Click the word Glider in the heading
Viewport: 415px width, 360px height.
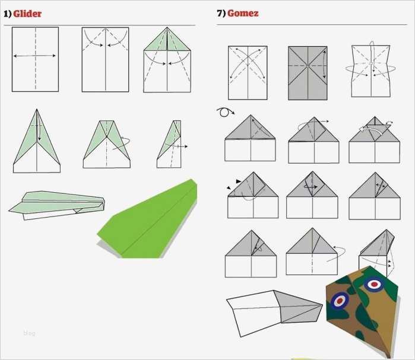(27, 14)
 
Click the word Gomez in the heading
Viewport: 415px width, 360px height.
(243, 13)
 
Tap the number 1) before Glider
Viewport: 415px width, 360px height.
(8, 14)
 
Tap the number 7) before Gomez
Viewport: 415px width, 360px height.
(221, 13)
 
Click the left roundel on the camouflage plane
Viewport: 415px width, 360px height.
(340, 301)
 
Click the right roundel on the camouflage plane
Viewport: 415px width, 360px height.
(374, 284)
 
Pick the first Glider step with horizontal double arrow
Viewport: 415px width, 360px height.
(35, 59)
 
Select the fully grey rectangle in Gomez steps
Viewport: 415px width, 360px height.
(308, 73)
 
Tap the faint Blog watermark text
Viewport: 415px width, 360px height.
(29, 333)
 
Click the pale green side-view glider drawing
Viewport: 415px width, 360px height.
(57, 205)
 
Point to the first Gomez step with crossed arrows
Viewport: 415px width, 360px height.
(248, 73)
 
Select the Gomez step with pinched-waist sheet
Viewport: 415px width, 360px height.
(371, 70)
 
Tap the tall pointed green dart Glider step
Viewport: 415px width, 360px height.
(37, 141)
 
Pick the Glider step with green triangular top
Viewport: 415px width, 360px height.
(167, 60)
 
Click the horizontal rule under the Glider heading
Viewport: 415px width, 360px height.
(100, 26)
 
